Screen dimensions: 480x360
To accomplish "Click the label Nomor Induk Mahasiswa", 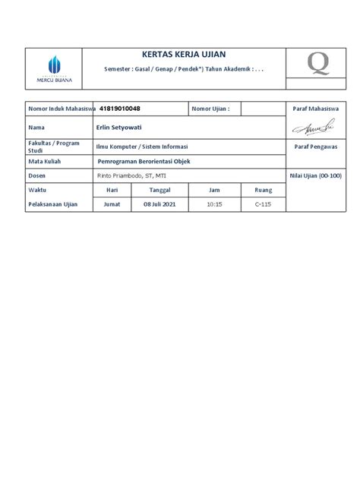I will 58,109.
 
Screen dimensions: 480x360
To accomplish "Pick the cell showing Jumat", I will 112,205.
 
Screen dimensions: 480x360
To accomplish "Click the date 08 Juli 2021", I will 159,205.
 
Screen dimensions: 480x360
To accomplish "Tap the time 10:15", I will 214,205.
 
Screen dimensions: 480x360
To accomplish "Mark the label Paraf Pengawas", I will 315,144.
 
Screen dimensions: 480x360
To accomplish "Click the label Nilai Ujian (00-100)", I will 315,175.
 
